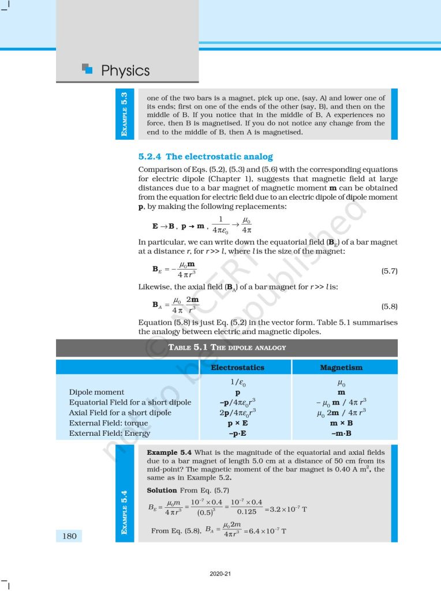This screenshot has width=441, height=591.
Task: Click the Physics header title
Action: tap(125, 71)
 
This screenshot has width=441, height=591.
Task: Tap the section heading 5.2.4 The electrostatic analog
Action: tap(205, 156)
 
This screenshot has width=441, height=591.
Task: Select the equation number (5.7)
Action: tap(390, 271)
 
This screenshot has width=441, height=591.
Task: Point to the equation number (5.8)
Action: tap(390, 306)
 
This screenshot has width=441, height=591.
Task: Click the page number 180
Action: tap(69, 536)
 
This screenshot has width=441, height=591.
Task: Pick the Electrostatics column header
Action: tap(238, 367)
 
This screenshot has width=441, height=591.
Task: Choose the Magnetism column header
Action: tap(341, 367)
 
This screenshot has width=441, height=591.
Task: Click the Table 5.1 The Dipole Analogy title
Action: tap(227, 347)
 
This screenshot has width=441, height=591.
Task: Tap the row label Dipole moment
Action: tap(96, 392)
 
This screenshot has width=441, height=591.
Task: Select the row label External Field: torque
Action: tap(112, 423)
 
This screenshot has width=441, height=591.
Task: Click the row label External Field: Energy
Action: tap(110, 433)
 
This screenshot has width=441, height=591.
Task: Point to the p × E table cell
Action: tap(238, 423)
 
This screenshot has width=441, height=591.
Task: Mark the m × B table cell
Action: tap(341, 423)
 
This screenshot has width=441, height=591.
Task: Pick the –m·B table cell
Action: tap(341, 433)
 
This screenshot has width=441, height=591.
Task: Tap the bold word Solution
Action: tap(162, 490)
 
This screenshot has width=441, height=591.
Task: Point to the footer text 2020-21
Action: tap(220, 574)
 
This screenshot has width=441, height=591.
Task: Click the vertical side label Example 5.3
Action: tap(124, 114)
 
